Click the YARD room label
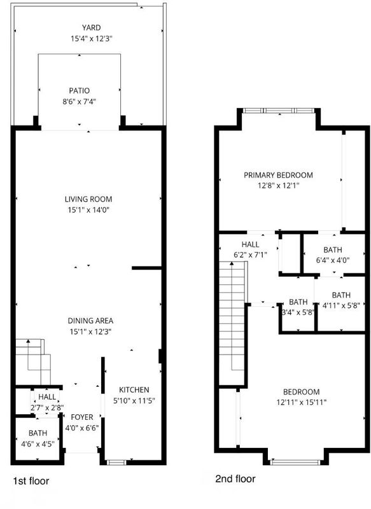[x=91, y=27]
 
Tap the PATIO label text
[x=79, y=90]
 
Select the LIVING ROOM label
[x=88, y=199]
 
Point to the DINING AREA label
[x=90, y=321]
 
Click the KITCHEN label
[x=134, y=390]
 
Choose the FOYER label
[x=82, y=417]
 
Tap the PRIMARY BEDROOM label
[x=278, y=176]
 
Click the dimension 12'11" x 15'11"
[x=301, y=403]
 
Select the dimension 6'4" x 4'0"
[x=333, y=260]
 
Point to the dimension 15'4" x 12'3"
[x=92, y=39]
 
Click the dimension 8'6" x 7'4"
[x=79, y=102]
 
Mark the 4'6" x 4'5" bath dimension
[x=38, y=443]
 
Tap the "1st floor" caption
[x=31, y=481]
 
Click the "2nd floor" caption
[x=235, y=478]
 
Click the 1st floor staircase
[x=33, y=361]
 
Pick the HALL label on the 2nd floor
[x=250, y=244]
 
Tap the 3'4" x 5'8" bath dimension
[x=298, y=312]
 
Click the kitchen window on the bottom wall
[x=116, y=463]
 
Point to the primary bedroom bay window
[x=279, y=111]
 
